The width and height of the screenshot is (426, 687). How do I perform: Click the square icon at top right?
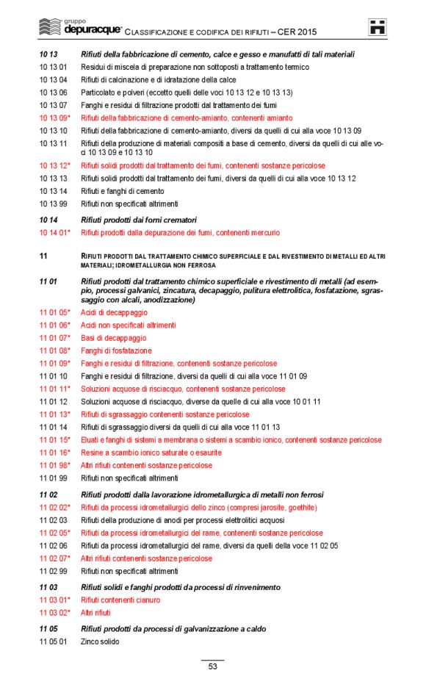tap(378, 28)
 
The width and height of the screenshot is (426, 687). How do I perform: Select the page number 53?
tap(212, 666)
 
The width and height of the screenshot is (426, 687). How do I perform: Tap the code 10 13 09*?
tap(55, 118)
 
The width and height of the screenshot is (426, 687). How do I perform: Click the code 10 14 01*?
tap(55, 233)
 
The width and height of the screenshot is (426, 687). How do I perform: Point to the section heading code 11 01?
tap(48, 282)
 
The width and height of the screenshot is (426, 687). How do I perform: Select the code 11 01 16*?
tap(55, 453)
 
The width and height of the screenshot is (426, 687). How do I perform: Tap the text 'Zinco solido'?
tap(100, 641)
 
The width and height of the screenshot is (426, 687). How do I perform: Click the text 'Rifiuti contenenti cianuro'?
tap(120, 600)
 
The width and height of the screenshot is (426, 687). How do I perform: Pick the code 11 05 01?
tap(53, 641)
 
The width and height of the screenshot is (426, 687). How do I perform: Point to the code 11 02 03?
tap(53, 520)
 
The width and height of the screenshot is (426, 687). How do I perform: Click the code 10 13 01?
tap(53, 67)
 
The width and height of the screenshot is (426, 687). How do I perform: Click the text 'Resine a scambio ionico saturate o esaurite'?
tap(150, 453)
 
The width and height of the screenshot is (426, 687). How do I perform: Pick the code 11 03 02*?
tap(55, 613)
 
